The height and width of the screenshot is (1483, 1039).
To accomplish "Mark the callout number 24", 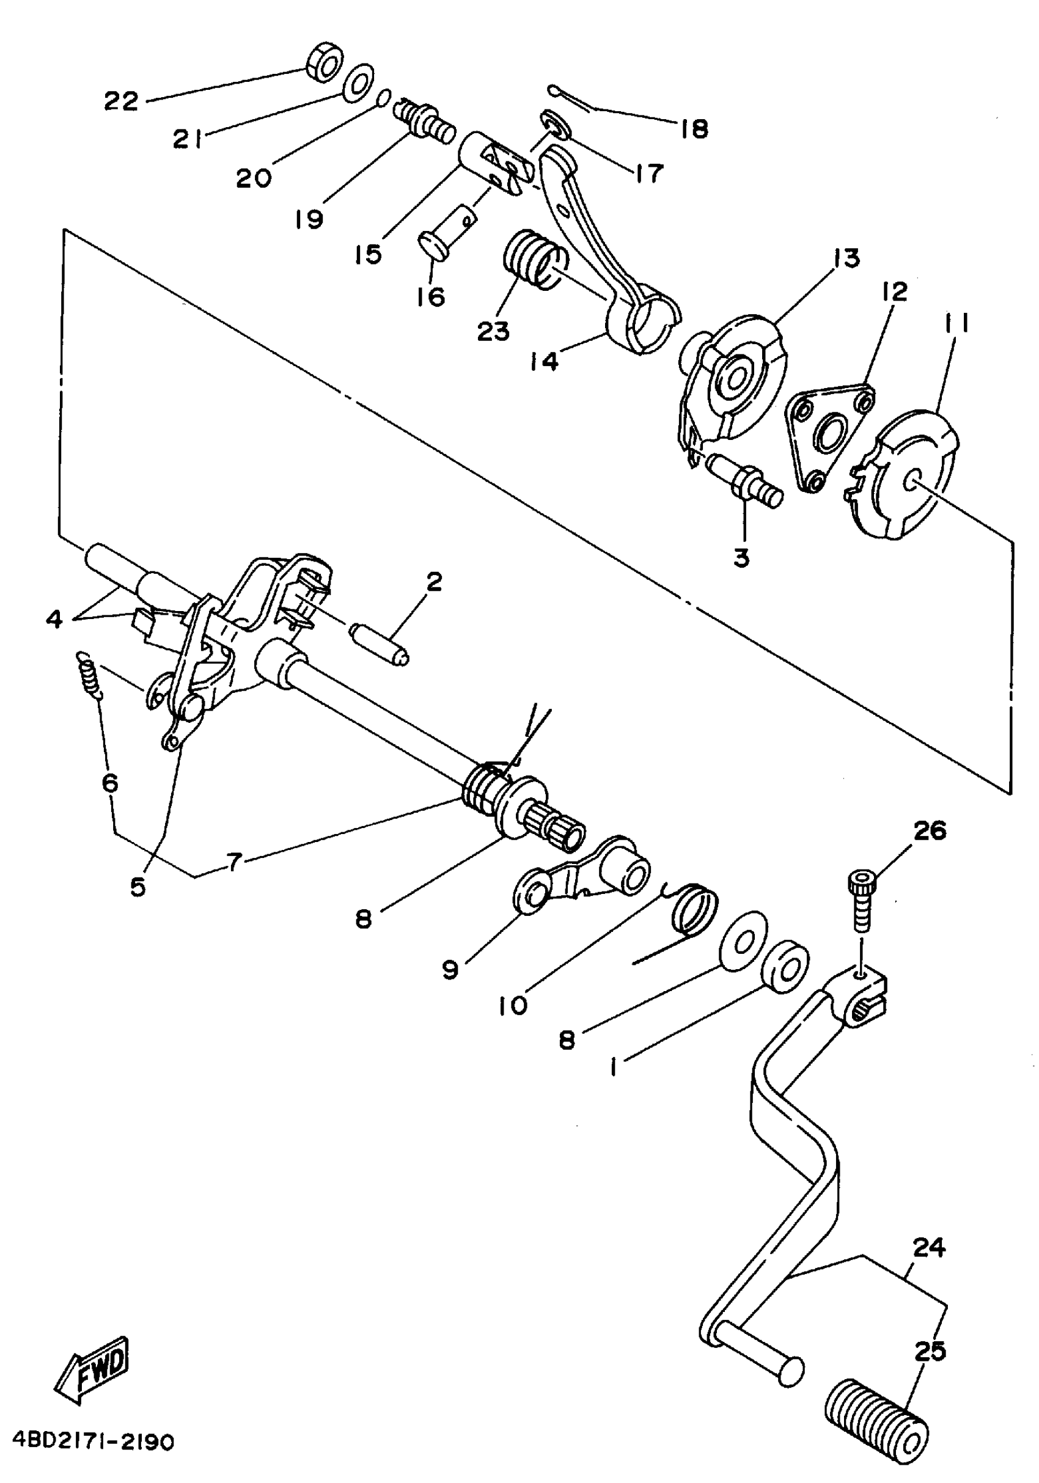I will [x=928, y=1248].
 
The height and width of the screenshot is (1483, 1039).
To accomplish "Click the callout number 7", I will [x=233, y=861].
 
